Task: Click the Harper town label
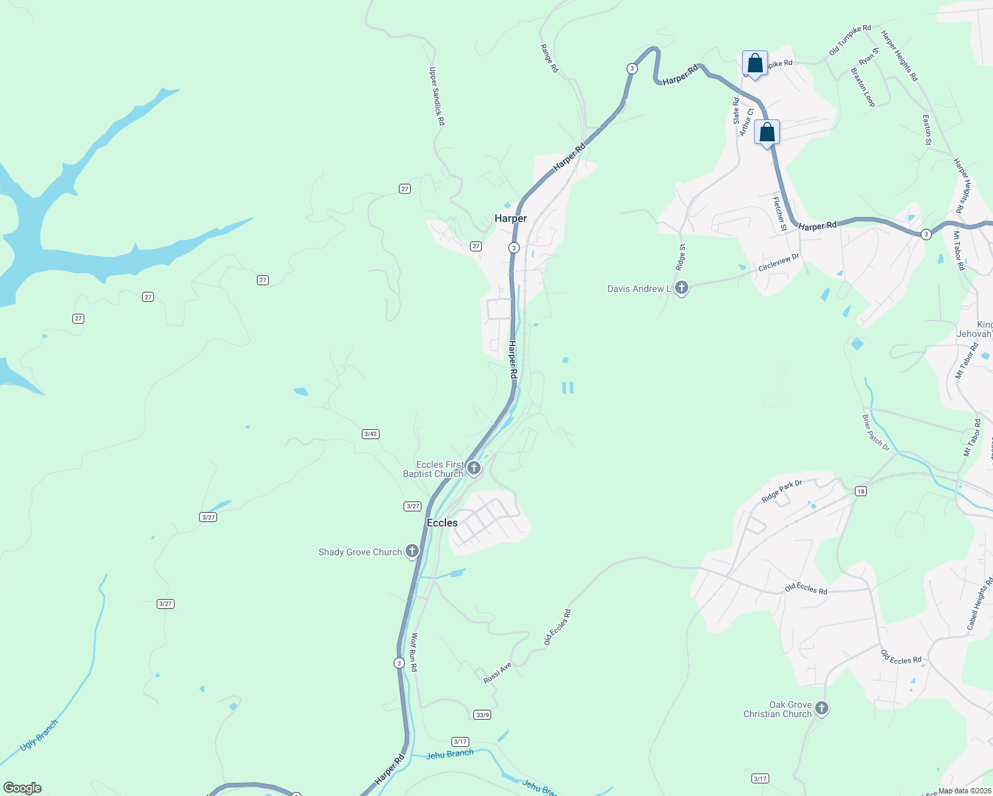[x=510, y=218]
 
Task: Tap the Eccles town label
[x=442, y=523]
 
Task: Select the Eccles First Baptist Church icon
[x=474, y=468]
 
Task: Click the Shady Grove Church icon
[x=412, y=551]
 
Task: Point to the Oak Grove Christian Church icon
[x=822, y=708]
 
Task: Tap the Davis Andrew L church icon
[x=682, y=288]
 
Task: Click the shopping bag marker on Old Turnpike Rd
[x=755, y=64]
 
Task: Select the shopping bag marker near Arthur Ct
[x=767, y=133]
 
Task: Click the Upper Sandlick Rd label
[x=437, y=96]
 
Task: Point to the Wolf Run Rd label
[x=414, y=652]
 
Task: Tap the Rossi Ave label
[x=497, y=673]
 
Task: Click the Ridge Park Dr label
[x=782, y=492]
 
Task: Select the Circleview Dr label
[x=779, y=262]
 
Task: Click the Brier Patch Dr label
[x=876, y=432]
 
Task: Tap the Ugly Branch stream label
[x=39, y=735]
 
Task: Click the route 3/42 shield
[x=370, y=434]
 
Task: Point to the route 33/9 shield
[x=483, y=714]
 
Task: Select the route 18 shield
[x=861, y=491]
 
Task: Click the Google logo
[x=23, y=788]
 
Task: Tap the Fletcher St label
[x=779, y=214]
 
